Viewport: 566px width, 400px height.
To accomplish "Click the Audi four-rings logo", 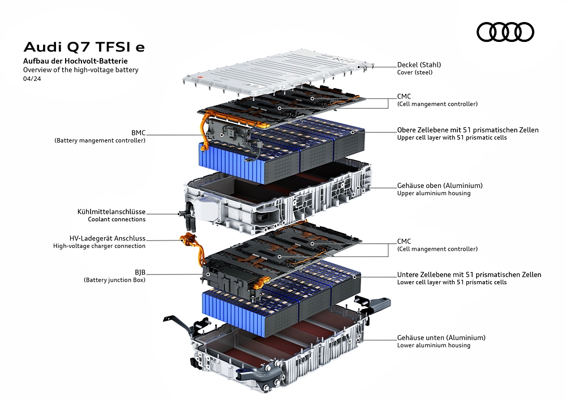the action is coord(505,32).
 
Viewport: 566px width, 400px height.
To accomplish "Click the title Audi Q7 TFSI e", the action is coord(84,47).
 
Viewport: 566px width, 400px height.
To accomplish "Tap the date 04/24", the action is coord(32,79).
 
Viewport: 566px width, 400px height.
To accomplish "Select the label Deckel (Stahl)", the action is coord(419,65).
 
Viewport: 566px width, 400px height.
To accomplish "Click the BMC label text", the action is coord(138,133).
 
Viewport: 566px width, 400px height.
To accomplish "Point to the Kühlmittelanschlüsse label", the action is coord(112,212).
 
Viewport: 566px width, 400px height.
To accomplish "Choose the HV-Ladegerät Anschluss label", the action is coord(108,238).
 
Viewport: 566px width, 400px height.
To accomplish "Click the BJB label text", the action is coord(140,273).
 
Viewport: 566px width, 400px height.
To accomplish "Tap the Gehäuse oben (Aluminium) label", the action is coord(440,186).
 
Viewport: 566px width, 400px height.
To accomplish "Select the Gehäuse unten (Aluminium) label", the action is coord(441,338).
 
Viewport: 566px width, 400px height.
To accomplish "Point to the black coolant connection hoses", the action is coord(188,217).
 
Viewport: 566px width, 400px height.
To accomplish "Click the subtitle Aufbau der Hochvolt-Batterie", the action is coord(75,61).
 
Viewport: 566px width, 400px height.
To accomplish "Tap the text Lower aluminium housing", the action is coord(434,346).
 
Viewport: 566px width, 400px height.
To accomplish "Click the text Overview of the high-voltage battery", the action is coord(81,70).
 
